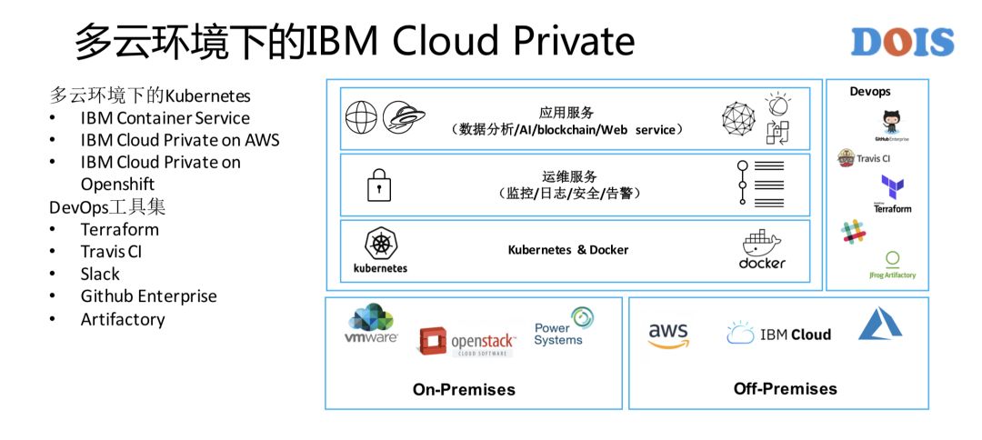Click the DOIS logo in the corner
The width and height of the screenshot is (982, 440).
(x=902, y=42)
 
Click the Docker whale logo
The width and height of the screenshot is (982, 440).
(x=761, y=249)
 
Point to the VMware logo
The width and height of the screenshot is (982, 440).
(x=371, y=325)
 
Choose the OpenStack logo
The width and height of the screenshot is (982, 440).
(x=466, y=342)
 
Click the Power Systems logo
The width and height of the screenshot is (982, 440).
(x=564, y=327)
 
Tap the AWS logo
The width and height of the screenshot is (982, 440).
(x=668, y=335)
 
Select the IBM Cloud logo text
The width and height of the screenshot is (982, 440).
(x=779, y=334)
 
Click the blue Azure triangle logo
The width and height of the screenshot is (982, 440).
(x=880, y=325)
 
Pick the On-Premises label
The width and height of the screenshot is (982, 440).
(x=464, y=390)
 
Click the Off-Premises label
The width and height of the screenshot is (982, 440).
(x=785, y=389)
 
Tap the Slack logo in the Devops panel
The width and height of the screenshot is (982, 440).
(x=853, y=231)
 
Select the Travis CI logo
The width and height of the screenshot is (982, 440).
(x=863, y=158)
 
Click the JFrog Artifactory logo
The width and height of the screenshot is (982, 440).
(x=892, y=265)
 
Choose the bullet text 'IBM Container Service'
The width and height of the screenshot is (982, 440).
(x=165, y=118)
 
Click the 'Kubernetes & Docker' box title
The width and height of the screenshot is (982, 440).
(x=567, y=250)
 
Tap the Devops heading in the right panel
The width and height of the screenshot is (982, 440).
(x=870, y=92)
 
